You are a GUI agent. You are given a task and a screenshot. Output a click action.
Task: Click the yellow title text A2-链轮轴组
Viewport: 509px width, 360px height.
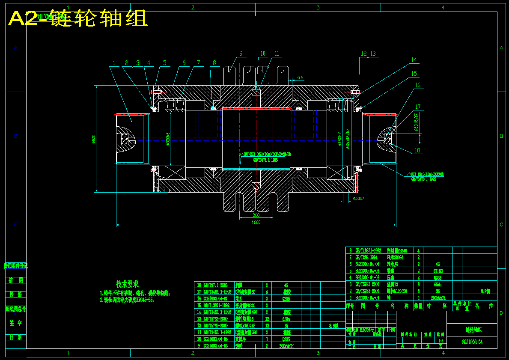[x=78, y=19]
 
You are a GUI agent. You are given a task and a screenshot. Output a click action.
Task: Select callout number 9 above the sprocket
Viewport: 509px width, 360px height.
[x=241, y=54]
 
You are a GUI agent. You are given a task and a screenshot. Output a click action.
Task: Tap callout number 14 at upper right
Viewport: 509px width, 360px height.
[x=414, y=60]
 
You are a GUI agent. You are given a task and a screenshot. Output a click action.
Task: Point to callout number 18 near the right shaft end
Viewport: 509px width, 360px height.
[x=417, y=150]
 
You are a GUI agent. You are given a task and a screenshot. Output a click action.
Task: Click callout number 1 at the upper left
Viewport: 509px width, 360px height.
[x=114, y=63]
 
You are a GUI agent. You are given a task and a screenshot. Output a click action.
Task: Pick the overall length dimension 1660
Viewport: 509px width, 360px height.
[x=256, y=222]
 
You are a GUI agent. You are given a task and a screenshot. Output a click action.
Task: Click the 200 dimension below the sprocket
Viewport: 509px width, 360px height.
[x=256, y=215]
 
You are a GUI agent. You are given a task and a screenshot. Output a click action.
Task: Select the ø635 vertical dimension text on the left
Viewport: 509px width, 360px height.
[x=93, y=139]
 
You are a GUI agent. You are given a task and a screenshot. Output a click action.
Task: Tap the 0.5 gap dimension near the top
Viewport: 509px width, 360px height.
[x=300, y=77]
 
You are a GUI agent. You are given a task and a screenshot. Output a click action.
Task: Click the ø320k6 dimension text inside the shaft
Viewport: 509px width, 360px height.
[x=168, y=139]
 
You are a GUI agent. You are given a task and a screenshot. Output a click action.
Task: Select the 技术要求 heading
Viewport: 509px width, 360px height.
[x=127, y=284]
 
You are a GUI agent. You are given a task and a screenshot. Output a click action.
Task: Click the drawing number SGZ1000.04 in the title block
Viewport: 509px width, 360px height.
[x=472, y=342]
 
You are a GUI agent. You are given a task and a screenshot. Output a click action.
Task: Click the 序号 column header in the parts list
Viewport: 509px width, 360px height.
[x=350, y=306]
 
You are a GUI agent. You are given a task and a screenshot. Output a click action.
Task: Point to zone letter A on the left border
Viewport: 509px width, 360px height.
[x=15, y=48]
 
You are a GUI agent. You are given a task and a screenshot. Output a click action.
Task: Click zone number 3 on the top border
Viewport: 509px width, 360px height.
[x=318, y=7]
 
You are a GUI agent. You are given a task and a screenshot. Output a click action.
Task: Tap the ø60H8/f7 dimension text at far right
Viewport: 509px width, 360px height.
[x=415, y=122]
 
